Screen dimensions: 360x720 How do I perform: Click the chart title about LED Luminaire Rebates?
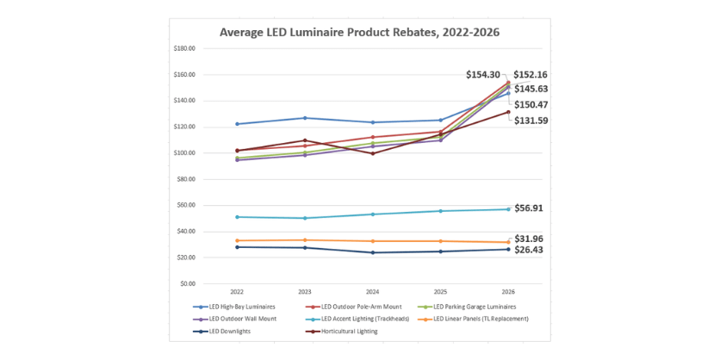tap(359, 32)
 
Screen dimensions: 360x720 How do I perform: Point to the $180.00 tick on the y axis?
tap(184, 48)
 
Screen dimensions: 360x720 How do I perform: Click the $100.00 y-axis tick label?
tap(184, 153)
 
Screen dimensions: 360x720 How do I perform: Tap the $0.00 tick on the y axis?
tap(187, 283)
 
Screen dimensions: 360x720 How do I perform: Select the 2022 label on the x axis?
tap(236, 292)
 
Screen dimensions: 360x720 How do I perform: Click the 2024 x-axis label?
tap(372, 292)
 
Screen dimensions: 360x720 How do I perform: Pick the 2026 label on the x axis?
tap(508, 292)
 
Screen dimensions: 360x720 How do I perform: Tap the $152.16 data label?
tap(531, 75)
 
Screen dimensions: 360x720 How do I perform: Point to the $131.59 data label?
tap(531, 121)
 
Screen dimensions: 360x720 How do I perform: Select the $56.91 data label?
tap(528, 208)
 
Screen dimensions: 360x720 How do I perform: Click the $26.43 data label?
tap(528, 250)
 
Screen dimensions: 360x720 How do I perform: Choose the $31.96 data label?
tap(528, 239)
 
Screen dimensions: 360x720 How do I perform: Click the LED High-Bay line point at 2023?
tap(304, 118)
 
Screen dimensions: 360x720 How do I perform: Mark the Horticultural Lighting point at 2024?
tap(372, 153)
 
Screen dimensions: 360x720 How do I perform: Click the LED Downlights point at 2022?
tap(236, 247)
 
